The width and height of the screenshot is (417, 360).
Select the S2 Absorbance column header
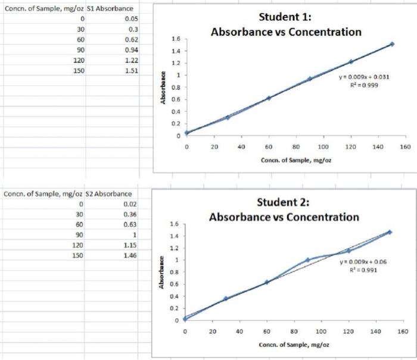click(110, 194)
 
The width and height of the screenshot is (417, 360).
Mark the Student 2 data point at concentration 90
click(307, 260)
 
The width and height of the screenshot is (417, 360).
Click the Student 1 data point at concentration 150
click(392, 44)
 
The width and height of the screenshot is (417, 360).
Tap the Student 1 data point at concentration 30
click(228, 117)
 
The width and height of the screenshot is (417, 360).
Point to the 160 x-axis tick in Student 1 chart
click(406, 146)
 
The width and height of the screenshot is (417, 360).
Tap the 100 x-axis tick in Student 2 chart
click(321, 331)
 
